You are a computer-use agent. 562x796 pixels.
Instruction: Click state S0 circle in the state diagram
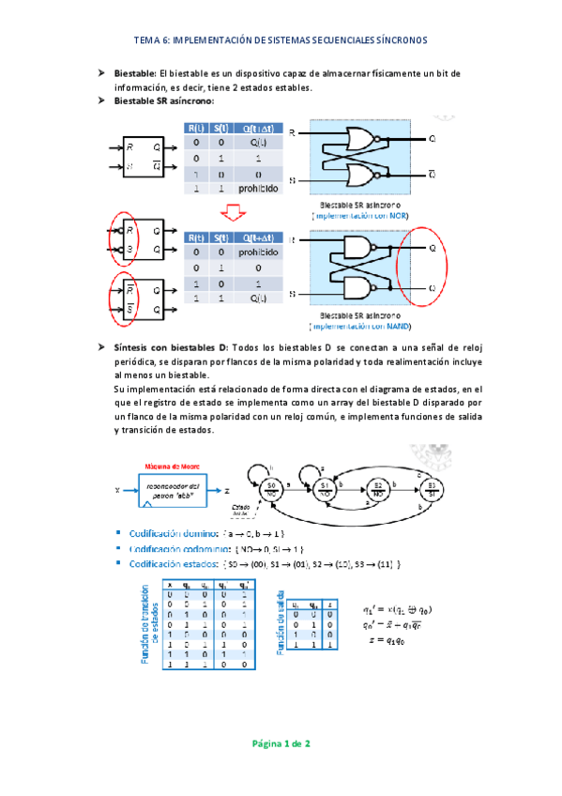click(x=271, y=486)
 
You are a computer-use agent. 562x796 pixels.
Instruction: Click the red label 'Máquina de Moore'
click(x=172, y=466)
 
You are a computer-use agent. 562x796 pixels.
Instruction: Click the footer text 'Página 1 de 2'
click(x=281, y=743)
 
